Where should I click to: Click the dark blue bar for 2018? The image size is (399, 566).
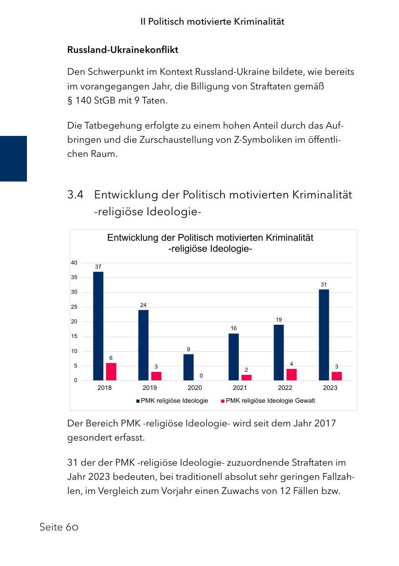tap(98, 326)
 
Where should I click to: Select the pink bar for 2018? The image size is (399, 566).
tap(111, 372)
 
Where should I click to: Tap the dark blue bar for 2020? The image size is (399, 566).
tap(188, 367)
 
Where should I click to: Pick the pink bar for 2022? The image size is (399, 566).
tap(291, 374)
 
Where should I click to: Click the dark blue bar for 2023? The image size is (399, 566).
tap(324, 335)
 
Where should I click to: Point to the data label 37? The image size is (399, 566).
tap(98, 266)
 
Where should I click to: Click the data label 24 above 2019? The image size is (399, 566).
tap(143, 305)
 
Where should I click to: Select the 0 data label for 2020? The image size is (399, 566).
tap(201, 375)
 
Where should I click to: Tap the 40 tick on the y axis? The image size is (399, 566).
tap(74, 263)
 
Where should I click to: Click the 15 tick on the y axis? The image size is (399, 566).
tap(74, 337)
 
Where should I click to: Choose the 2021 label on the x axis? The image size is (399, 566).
tap(240, 388)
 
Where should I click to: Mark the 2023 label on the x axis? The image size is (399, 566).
tap(330, 388)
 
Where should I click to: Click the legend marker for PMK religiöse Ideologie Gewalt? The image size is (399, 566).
tap(223, 401)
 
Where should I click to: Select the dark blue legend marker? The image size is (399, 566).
tap(138, 401)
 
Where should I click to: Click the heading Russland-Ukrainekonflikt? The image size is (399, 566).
tap(123, 50)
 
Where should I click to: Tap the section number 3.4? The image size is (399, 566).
tap(75, 195)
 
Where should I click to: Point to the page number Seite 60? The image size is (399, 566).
tap(59, 527)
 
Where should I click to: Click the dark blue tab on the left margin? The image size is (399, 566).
tap(13, 158)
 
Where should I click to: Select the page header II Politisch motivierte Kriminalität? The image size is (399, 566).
tap(212, 21)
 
